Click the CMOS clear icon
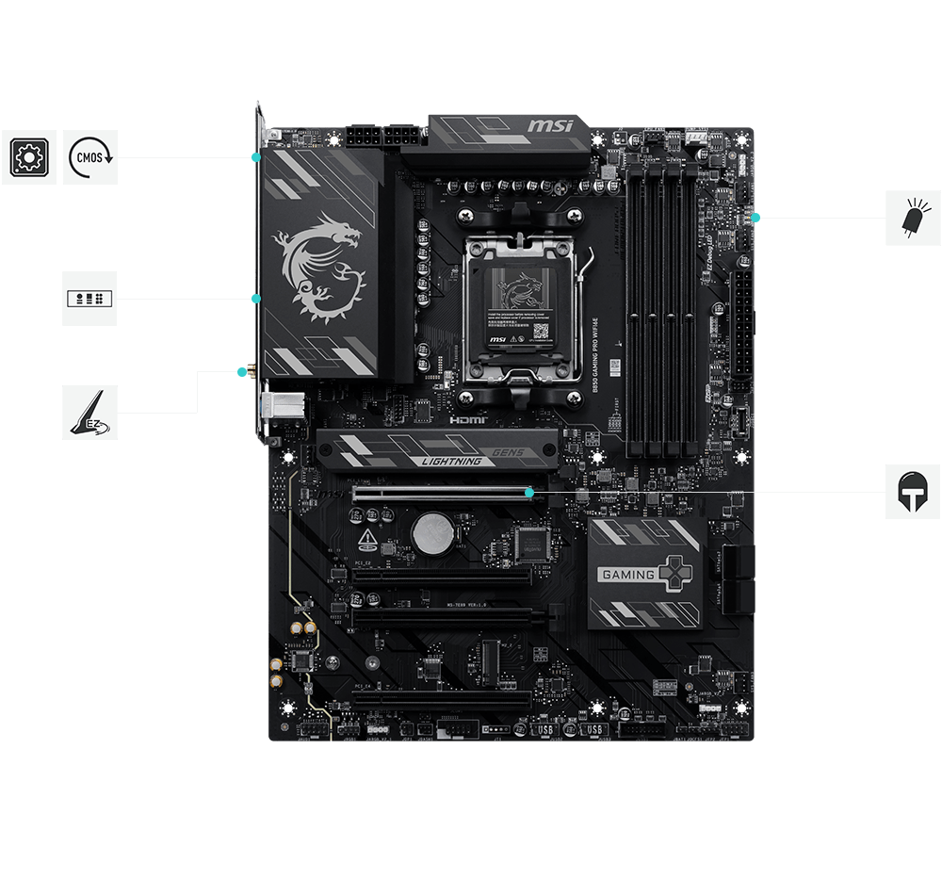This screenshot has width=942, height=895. coord(90,157)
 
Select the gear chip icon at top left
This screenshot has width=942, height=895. coord(28,157)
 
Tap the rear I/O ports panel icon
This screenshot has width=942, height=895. coord(89,299)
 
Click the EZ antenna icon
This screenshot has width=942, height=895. coord(89,412)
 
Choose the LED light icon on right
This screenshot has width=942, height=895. coord(913,218)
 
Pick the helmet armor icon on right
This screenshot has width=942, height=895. coord(913,492)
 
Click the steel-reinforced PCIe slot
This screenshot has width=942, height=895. coord(441,493)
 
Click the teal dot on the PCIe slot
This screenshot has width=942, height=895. coord(529,492)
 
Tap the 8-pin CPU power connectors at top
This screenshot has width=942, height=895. coord(371,135)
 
